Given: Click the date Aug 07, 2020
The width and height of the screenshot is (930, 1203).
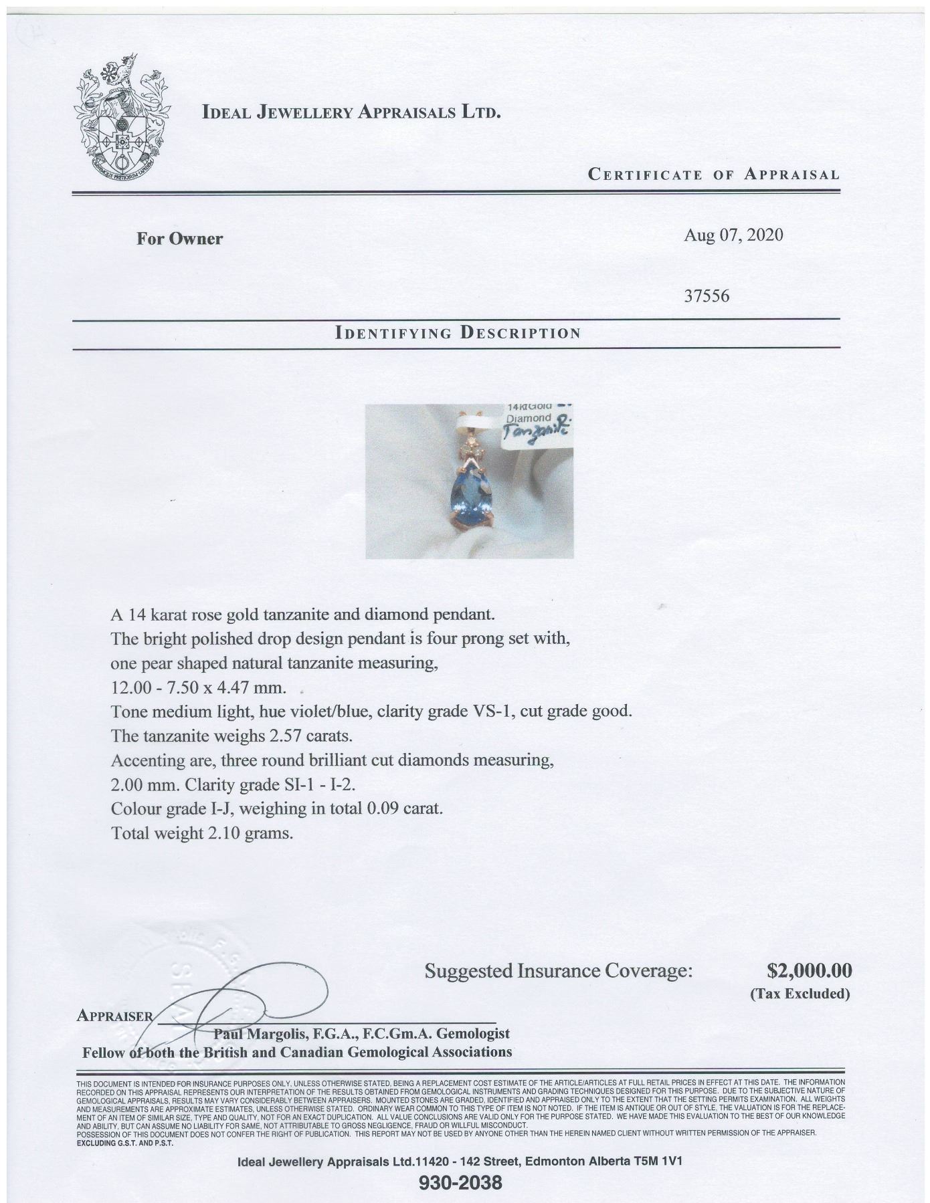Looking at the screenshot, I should [733, 235].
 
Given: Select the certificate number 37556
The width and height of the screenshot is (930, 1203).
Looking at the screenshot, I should [707, 295].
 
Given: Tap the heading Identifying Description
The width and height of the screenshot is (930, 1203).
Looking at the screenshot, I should [457, 332].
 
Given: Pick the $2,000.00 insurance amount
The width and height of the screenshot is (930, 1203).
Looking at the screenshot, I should [808, 970].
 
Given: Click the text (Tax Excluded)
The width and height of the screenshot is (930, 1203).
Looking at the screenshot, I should [800, 994].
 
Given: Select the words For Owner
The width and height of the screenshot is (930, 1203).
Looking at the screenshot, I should [179, 239].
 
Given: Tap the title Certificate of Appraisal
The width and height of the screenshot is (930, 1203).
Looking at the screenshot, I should [713, 175].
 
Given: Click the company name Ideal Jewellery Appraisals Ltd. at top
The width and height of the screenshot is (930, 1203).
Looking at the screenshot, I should [351, 112].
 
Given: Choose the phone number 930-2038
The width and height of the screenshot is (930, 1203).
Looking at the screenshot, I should [460, 1182].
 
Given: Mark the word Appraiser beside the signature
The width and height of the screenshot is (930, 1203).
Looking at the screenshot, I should [114, 1015].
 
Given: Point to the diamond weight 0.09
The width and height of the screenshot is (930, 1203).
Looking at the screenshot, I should [381, 808].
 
